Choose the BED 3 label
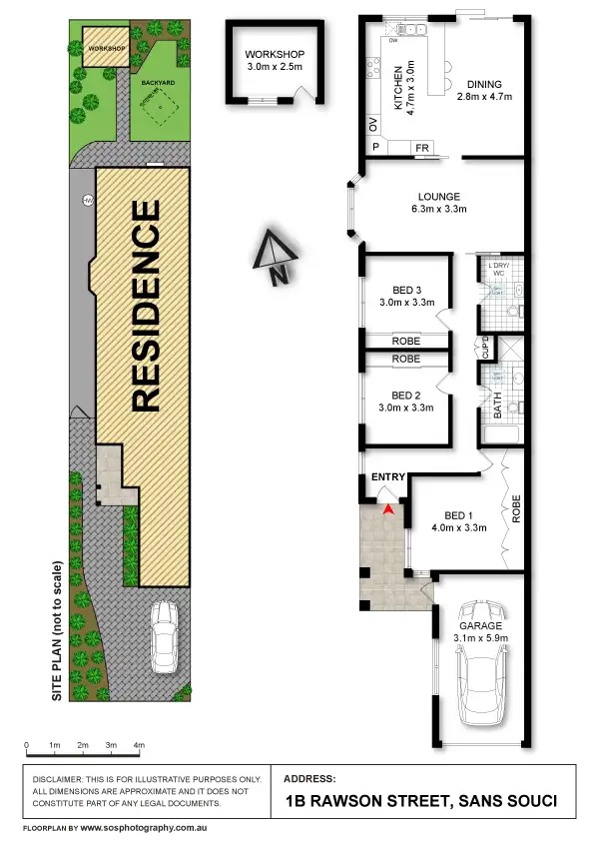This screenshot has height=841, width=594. (406, 289)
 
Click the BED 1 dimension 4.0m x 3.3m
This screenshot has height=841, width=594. (458, 528)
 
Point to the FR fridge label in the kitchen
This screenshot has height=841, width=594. (422, 148)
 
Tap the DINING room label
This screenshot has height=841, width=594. (483, 85)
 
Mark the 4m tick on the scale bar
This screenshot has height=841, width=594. (140, 746)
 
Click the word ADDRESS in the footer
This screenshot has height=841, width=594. (310, 777)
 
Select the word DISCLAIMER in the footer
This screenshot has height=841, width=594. (62, 778)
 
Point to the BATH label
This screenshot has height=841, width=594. (497, 408)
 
